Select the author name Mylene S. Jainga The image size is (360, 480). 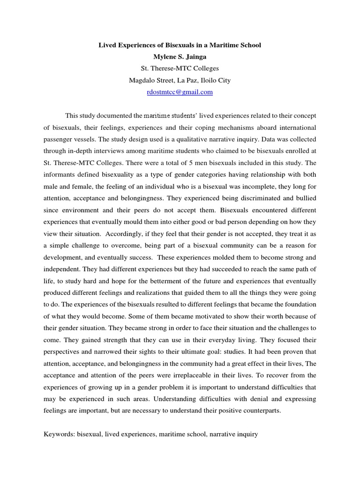180,57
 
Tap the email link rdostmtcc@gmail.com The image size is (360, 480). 180,92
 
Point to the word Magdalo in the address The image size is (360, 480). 142,81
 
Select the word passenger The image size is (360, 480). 60,139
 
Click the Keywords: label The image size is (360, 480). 60,435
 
